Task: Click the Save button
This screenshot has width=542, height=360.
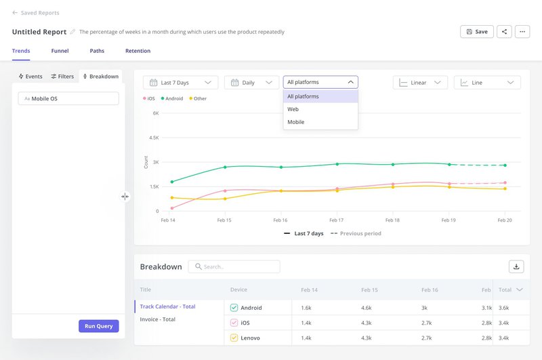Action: tap(476, 31)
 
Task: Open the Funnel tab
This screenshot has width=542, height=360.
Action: tap(60, 51)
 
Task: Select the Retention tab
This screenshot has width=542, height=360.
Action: tap(138, 51)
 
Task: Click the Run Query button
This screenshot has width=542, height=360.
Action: tap(99, 326)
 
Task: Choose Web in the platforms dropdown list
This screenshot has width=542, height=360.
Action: tap(293, 109)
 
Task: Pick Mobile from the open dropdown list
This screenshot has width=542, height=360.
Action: tap(296, 122)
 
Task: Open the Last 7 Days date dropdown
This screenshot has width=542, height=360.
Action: tap(181, 83)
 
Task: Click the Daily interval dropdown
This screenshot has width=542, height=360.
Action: tap(251, 83)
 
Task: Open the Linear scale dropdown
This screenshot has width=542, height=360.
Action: tap(420, 83)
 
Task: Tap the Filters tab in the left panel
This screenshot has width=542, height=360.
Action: tap(62, 77)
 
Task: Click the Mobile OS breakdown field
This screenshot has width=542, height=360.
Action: tap(68, 98)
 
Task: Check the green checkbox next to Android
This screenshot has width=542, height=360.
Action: tap(234, 308)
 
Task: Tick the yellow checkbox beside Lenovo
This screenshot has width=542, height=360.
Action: tap(234, 338)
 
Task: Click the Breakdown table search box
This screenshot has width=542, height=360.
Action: tap(234, 266)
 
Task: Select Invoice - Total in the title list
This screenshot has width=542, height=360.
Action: tap(158, 319)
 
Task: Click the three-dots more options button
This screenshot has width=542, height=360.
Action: tap(522, 31)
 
